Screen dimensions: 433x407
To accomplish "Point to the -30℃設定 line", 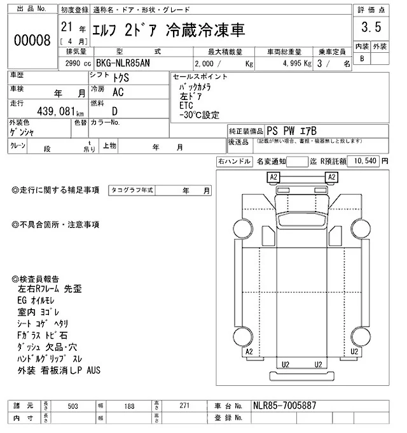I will (199, 115).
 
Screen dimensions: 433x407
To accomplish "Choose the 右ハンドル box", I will (233, 160).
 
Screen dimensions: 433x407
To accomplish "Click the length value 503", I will (74, 406).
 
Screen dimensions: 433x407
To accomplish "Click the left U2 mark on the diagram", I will (286, 364).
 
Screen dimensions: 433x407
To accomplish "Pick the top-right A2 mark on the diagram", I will (331, 176).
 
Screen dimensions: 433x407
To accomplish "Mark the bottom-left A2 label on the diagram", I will (249, 351).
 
